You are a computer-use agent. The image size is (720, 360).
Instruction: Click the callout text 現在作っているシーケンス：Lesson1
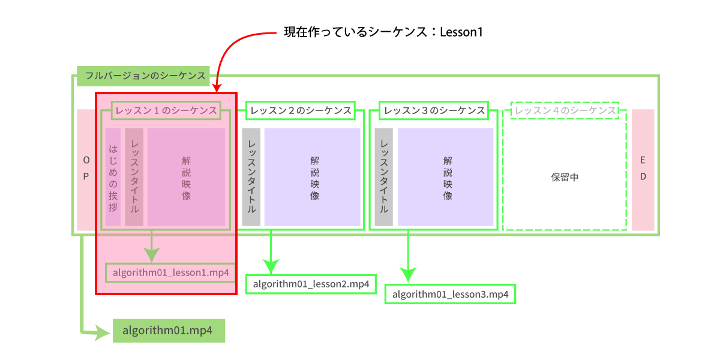pyautogui.click(x=383, y=32)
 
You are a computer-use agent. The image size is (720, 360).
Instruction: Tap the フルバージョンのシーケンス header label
pyautogui.click(x=143, y=76)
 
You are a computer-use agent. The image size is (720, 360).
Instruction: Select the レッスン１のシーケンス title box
pyautogui.click(x=166, y=110)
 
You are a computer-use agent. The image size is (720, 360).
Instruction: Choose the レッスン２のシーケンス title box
pyautogui.click(x=301, y=110)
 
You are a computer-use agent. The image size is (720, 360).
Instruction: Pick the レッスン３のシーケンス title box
pyautogui.click(x=434, y=110)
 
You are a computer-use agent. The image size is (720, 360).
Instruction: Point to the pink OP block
pyautogui.click(x=85, y=169)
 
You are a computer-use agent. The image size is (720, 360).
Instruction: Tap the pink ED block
pyautogui.click(x=643, y=169)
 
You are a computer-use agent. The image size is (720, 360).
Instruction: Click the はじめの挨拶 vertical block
pyautogui.click(x=113, y=177)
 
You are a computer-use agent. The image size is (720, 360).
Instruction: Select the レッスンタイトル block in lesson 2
pyautogui.click(x=251, y=177)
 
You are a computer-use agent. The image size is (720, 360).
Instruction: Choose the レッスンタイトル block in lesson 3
pyautogui.click(x=384, y=177)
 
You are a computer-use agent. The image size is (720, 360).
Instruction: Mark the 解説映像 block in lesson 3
pyautogui.click(x=446, y=177)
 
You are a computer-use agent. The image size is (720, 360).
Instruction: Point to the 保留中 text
pyautogui.click(x=565, y=178)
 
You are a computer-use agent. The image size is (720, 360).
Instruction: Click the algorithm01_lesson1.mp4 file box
pyautogui.click(x=170, y=273)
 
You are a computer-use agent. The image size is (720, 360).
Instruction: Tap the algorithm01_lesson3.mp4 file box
pyautogui.click(x=450, y=294)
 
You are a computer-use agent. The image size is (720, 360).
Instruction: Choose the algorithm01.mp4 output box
pyautogui.click(x=169, y=331)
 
